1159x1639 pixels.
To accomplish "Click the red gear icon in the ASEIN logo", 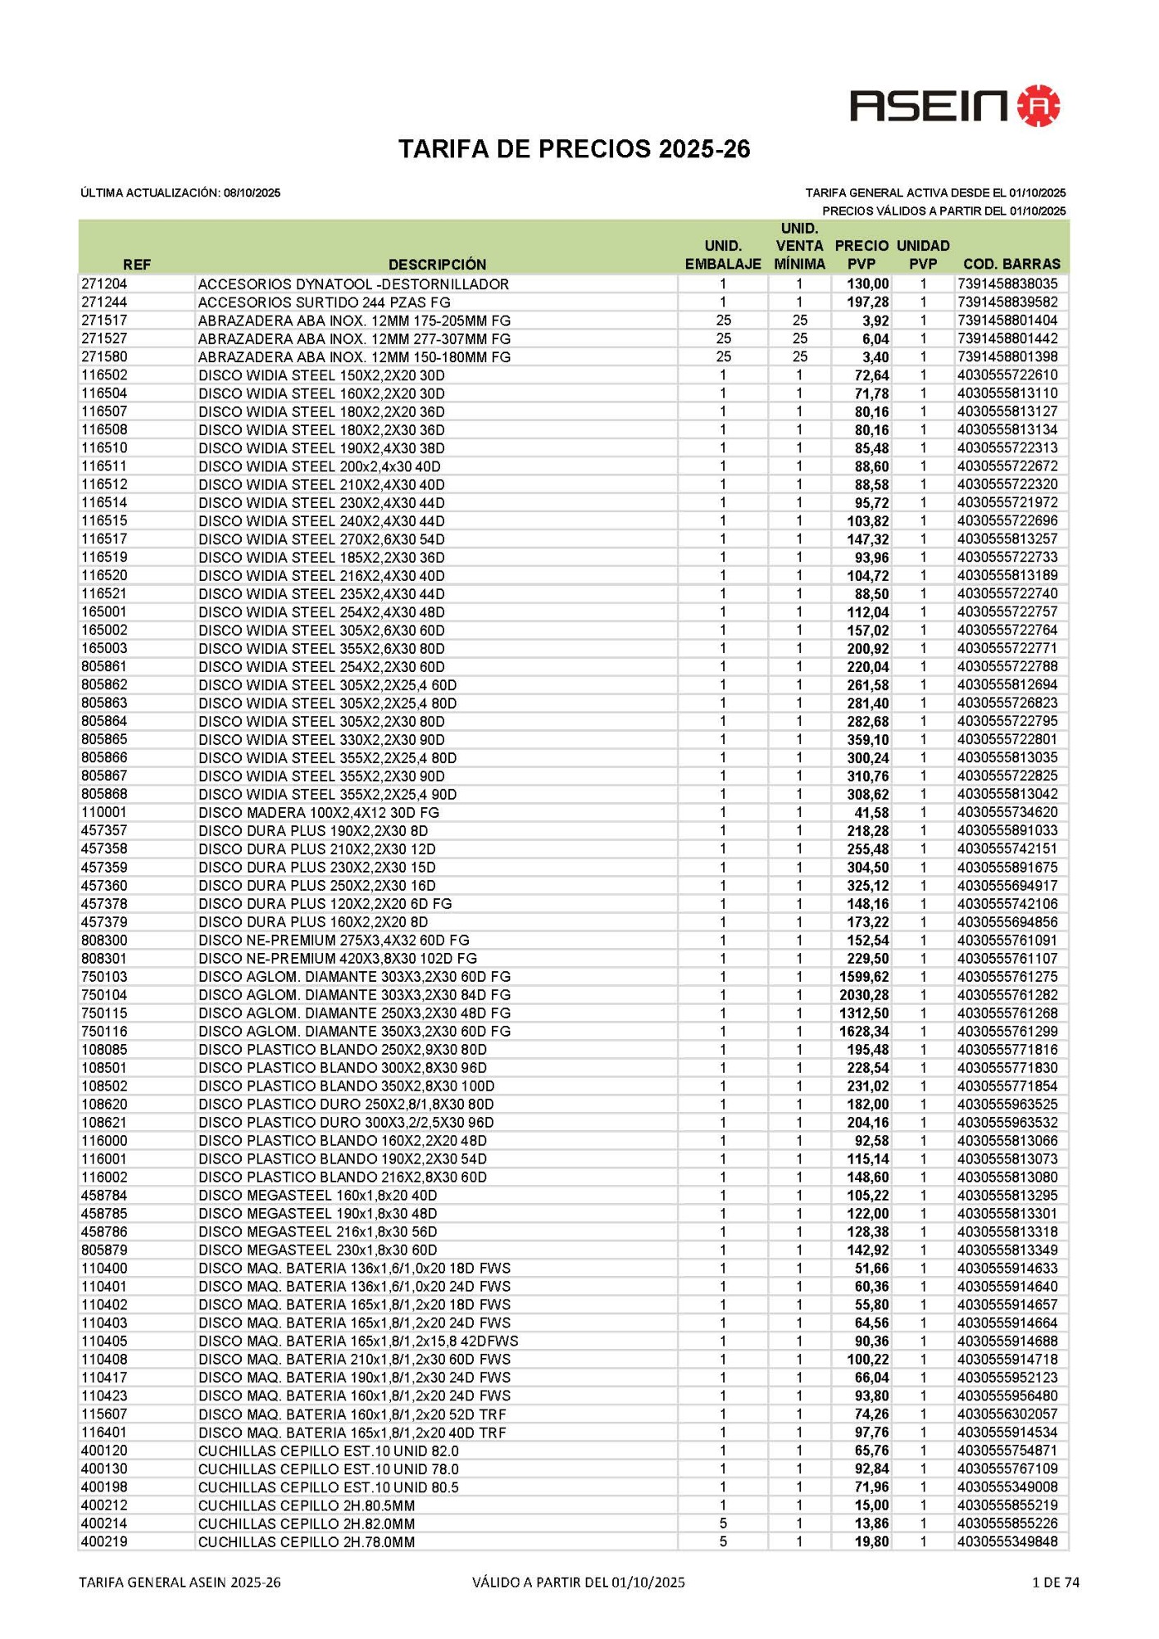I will [x=1039, y=105].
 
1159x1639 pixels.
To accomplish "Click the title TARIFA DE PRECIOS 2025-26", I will [x=574, y=149].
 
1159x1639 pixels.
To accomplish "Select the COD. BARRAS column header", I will [x=1011, y=264].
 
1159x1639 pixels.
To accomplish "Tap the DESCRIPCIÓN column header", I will [x=437, y=264].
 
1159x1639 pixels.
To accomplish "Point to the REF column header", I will [x=137, y=264].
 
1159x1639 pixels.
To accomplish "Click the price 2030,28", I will [x=864, y=995].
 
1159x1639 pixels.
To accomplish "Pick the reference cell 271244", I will [x=104, y=302].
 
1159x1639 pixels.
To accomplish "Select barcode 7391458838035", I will [x=1007, y=284].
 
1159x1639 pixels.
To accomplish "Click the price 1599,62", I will [x=864, y=977].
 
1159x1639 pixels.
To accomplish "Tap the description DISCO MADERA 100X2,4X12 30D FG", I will [x=319, y=813].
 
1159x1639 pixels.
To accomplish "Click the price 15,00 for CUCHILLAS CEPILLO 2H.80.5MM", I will [x=871, y=1505].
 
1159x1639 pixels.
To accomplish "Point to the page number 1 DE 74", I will [x=1056, y=1582].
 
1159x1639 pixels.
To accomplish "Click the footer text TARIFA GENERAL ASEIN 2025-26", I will [x=180, y=1582].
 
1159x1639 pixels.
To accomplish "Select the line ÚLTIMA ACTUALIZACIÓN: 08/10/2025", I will [x=180, y=193].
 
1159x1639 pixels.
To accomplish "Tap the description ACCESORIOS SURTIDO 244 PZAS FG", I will [x=324, y=302].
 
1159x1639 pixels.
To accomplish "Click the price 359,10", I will [x=868, y=740].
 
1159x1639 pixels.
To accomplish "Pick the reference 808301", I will [x=104, y=959].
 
